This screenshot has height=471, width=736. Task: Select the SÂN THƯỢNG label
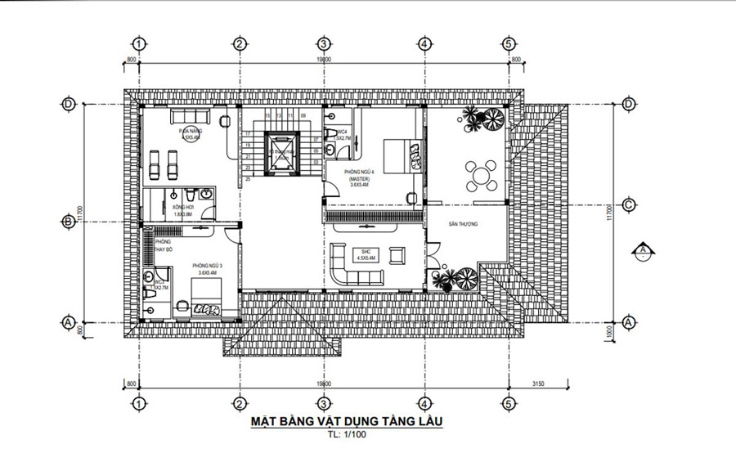[x=463, y=222]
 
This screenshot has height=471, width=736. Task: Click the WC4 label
[x=341, y=132]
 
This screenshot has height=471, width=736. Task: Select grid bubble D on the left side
[x=69, y=104]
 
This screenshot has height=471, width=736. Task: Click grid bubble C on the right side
[x=629, y=204]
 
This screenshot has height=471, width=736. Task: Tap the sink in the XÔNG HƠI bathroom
[x=208, y=194]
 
